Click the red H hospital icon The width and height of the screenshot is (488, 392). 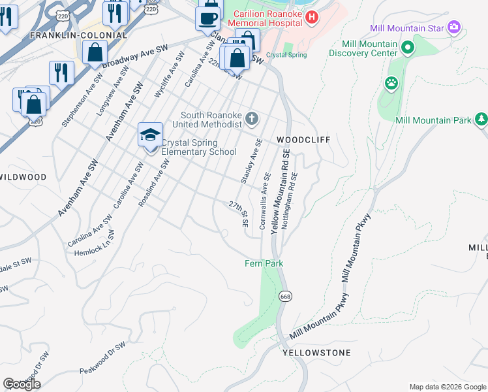point(312,17)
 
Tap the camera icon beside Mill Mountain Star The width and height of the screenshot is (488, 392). point(454,28)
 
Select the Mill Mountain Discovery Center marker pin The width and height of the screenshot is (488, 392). point(408,48)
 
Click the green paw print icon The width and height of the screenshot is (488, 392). point(391,83)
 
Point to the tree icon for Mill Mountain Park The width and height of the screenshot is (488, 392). point(481,120)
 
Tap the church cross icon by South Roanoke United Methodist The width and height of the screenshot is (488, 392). point(252,118)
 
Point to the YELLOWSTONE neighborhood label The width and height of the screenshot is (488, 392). point(316,353)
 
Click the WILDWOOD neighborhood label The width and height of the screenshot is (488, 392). point(23,177)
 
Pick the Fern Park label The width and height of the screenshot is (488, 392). point(264,263)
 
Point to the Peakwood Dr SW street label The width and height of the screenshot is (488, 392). point(102,360)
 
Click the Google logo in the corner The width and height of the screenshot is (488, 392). point(22,384)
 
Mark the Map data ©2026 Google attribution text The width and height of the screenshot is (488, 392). point(447,387)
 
